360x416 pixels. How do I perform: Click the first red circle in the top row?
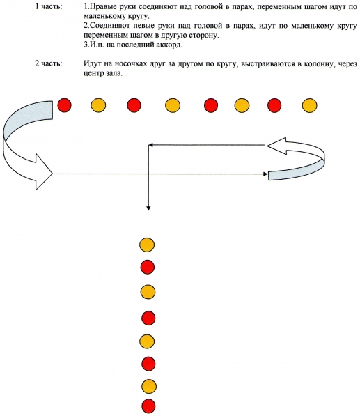point(65,105)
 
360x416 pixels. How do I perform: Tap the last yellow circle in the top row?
point(309,105)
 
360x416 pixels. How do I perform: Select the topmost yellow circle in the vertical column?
point(147,245)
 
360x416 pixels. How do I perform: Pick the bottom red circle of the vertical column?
point(148,406)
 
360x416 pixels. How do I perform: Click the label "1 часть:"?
point(49,6)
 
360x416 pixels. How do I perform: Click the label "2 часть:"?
point(49,63)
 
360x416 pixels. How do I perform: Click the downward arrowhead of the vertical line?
point(148,208)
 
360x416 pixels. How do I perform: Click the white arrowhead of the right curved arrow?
point(276,146)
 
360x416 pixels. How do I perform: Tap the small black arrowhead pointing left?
point(150,145)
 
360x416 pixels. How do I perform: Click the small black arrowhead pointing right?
point(265,174)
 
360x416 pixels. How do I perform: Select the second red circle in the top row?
point(134,105)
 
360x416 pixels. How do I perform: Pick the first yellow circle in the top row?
point(98,105)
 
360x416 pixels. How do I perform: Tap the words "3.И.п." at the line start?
point(94,45)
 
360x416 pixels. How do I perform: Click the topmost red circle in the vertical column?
point(148,267)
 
